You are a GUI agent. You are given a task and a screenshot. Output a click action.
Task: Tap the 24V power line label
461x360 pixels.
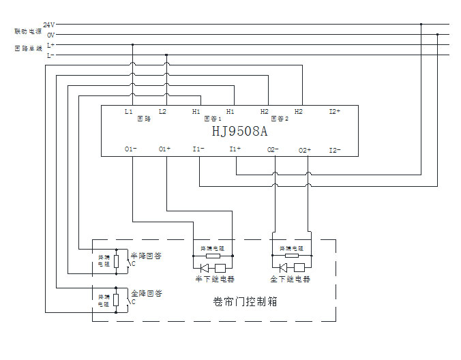(x=49, y=25)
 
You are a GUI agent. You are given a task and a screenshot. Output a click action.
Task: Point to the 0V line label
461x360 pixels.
(x=50, y=35)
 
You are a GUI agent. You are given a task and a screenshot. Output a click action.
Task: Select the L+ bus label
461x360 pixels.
(x=50, y=45)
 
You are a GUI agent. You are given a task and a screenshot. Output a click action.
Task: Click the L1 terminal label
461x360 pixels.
(x=128, y=111)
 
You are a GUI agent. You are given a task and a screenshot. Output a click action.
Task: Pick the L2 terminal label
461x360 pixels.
(x=162, y=111)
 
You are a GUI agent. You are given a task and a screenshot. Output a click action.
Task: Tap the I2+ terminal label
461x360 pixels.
(x=334, y=111)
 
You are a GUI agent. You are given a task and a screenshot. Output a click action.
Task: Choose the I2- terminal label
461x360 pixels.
(x=334, y=149)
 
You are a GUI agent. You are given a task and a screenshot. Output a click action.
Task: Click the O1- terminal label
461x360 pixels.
(x=130, y=149)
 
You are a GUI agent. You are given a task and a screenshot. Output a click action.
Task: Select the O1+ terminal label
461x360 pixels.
(x=164, y=149)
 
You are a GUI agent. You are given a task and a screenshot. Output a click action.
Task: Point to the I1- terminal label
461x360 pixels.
(x=198, y=149)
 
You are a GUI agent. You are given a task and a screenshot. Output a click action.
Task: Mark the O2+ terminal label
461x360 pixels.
(x=305, y=149)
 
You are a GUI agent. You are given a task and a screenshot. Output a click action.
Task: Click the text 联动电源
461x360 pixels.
(x=28, y=31)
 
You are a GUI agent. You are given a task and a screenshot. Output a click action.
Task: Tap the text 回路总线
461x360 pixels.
(x=28, y=49)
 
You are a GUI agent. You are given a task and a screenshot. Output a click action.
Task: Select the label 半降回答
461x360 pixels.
(x=145, y=256)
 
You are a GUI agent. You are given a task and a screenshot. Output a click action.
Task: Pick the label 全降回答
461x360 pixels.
(x=145, y=293)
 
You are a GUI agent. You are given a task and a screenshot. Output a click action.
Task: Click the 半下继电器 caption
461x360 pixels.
(x=213, y=279)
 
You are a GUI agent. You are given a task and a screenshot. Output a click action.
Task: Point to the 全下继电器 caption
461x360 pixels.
(x=290, y=279)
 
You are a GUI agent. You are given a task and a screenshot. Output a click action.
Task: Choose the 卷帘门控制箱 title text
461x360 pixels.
(x=245, y=301)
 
